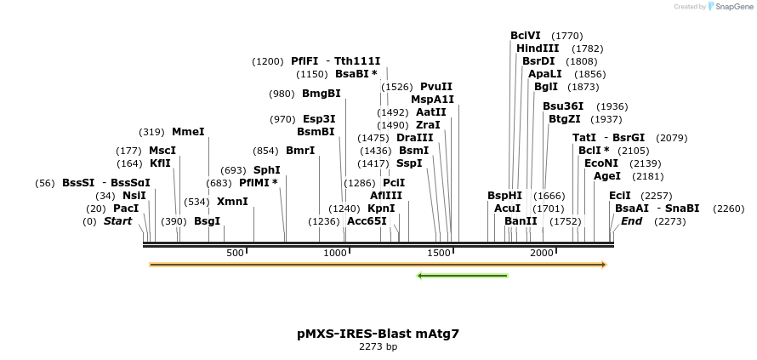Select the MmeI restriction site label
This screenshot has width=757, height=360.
click(x=188, y=132)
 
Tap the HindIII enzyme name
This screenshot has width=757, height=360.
click(x=538, y=49)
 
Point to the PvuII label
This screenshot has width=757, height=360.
click(x=436, y=87)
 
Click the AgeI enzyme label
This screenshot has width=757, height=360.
click(x=606, y=176)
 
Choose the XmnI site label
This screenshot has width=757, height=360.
click(x=232, y=202)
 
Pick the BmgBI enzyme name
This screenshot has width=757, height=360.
click(x=321, y=94)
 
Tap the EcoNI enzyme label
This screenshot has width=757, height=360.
click(x=600, y=163)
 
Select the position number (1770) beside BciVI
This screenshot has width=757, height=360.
click(x=567, y=36)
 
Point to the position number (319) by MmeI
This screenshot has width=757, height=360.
click(x=151, y=132)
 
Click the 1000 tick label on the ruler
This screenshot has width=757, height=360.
click(x=336, y=253)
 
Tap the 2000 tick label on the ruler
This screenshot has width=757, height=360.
click(x=542, y=253)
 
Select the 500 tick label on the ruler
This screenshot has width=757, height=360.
click(x=236, y=253)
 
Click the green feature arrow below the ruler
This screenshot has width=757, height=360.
click(x=462, y=276)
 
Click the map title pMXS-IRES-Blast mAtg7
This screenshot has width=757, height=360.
click(x=378, y=334)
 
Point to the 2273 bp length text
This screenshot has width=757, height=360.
click(x=378, y=347)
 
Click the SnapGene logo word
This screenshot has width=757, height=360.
click(x=732, y=7)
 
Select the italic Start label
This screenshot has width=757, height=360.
click(x=118, y=221)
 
